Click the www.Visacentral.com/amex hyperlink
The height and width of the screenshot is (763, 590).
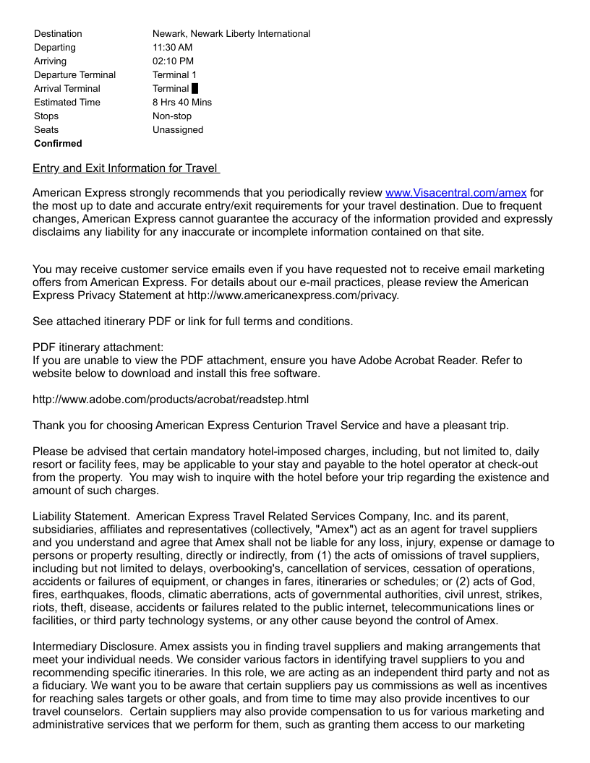click(456, 193)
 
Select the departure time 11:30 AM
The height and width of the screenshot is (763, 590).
click(173, 48)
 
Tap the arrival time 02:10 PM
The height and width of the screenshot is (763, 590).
click(173, 61)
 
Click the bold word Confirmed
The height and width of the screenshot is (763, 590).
click(58, 144)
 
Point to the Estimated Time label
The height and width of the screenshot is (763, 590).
click(67, 103)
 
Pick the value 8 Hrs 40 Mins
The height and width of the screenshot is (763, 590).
click(182, 103)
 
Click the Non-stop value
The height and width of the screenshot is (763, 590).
click(172, 116)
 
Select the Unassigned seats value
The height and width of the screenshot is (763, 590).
click(178, 130)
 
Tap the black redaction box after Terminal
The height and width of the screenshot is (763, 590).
click(195, 89)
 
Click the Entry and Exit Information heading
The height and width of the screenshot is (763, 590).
click(125, 168)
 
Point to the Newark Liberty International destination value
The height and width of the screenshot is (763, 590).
click(231, 34)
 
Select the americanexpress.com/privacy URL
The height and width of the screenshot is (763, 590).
click(293, 296)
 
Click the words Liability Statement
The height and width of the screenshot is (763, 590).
click(81, 517)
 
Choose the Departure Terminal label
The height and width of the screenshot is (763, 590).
click(74, 75)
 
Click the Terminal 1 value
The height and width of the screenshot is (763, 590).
click(174, 75)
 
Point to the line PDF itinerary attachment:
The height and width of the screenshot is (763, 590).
click(98, 348)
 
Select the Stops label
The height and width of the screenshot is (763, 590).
click(46, 116)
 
